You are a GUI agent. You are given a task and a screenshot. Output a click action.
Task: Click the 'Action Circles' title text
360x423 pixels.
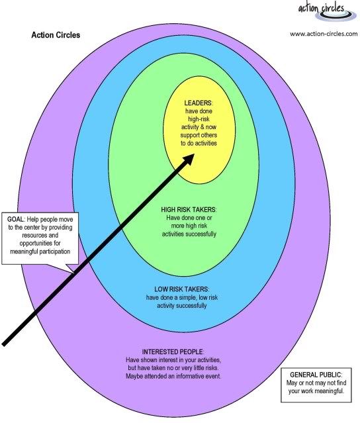tap(56, 35)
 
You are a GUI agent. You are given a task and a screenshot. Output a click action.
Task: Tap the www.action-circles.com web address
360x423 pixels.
tap(324, 34)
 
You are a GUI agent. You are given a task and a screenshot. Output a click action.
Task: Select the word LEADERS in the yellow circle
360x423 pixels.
tap(198, 103)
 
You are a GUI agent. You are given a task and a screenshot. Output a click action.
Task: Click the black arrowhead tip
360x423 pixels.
tap(194, 154)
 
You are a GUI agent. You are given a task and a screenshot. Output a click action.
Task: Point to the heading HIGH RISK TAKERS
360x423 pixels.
tap(189, 210)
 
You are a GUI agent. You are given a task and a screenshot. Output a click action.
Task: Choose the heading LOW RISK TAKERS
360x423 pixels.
tap(181, 289)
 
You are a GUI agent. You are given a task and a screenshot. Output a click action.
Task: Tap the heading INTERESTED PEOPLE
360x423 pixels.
tap(173, 352)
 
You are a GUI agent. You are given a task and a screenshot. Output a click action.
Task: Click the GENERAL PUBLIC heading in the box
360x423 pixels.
tap(316, 375)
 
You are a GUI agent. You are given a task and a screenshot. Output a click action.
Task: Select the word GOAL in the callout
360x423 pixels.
tap(15, 219)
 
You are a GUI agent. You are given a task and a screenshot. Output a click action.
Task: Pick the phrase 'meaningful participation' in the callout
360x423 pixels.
tap(40, 252)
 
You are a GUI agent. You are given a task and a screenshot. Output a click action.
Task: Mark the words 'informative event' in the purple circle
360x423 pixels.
tap(199, 376)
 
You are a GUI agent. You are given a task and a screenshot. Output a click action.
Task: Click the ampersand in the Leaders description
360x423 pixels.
tap(201, 127)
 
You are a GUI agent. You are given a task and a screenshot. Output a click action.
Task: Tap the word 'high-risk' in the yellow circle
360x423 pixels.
tap(199, 119)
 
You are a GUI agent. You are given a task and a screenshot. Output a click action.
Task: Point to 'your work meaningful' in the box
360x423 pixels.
tap(316, 391)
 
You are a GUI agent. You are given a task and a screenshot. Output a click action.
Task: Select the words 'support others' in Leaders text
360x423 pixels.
tap(199, 135)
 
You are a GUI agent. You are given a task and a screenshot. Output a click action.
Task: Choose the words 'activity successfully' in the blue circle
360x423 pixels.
tap(182, 306)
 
